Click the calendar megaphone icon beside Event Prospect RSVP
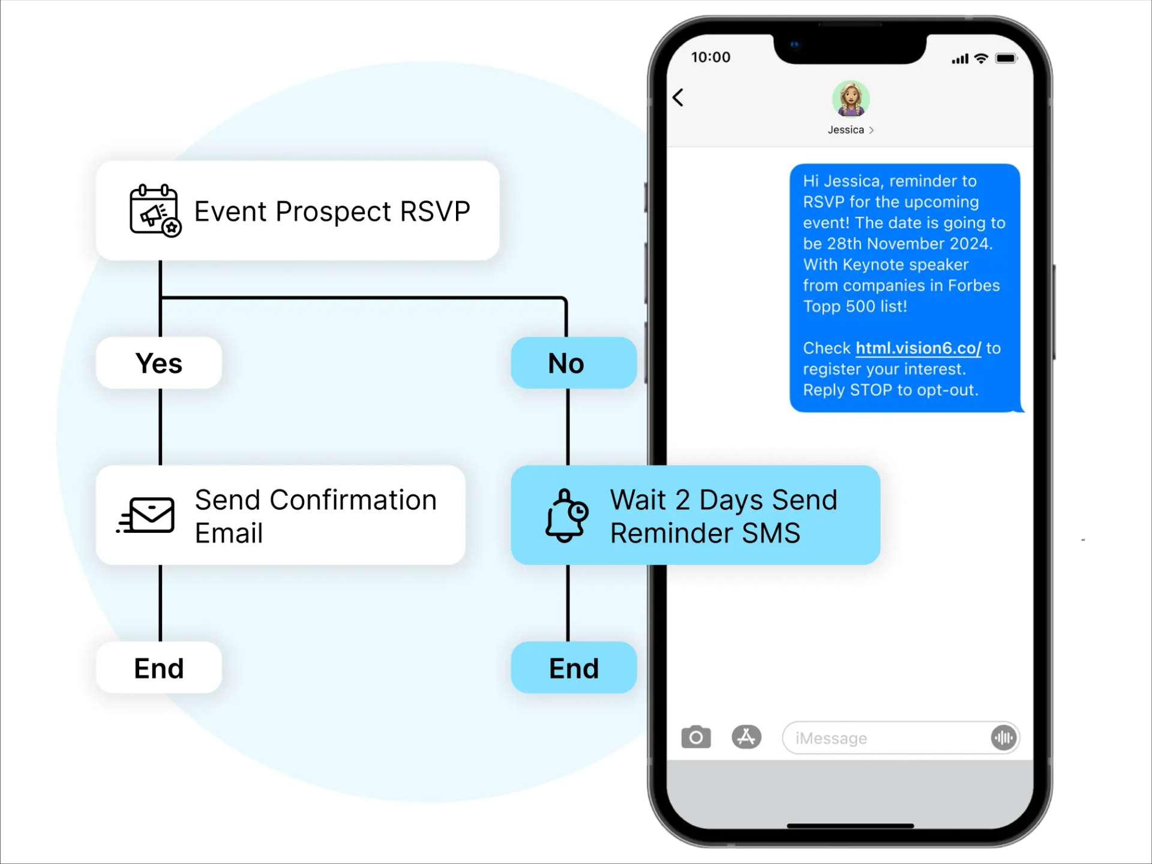(x=155, y=211)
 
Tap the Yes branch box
(x=159, y=363)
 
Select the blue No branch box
(x=573, y=363)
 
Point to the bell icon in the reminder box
(x=566, y=515)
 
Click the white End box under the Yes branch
(x=159, y=668)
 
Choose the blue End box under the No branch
(x=573, y=668)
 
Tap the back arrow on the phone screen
(x=678, y=97)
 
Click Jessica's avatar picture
(x=850, y=99)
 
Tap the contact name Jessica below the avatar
(x=846, y=130)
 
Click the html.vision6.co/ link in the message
(x=917, y=348)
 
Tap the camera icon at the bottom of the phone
(x=695, y=737)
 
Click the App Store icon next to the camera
(x=746, y=737)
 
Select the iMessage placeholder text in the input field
(x=831, y=738)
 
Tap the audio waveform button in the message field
(x=1003, y=737)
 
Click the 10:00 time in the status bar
(x=710, y=57)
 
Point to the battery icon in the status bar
(x=1006, y=58)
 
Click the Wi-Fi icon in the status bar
(x=981, y=58)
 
